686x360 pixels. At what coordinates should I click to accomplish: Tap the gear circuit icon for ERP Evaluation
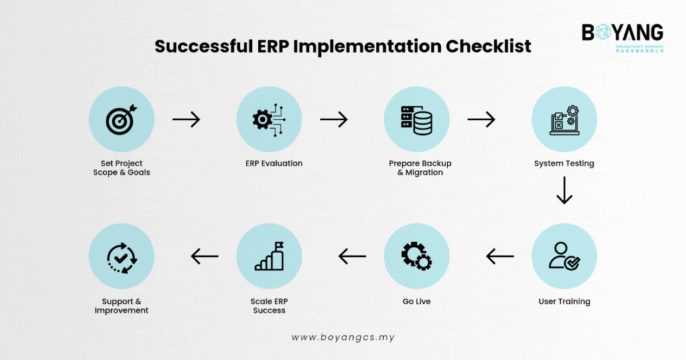coord(269,119)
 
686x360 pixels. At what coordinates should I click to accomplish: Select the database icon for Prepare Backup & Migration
coord(416,119)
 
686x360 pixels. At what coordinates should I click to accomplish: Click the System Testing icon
coord(564,119)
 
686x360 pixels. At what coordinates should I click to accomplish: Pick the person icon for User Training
coord(564,255)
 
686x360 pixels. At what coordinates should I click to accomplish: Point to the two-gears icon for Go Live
coord(416,255)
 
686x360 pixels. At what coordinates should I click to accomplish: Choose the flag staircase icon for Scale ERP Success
coord(269,255)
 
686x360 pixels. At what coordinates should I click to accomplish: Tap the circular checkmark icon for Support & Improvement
coord(121,255)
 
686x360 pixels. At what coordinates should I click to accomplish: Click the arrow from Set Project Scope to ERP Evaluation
coord(186,119)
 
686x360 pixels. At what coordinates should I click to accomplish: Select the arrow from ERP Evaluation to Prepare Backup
coord(334,119)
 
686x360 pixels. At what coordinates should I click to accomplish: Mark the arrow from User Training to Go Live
coord(500,255)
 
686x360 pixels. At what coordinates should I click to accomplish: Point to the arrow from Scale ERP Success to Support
coord(204,255)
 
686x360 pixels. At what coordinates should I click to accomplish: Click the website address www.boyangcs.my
coord(343,337)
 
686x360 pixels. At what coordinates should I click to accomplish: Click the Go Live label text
coord(416,302)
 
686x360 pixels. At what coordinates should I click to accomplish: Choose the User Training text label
coord(564,302)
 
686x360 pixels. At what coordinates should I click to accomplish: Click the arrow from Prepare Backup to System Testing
coord(481,119)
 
